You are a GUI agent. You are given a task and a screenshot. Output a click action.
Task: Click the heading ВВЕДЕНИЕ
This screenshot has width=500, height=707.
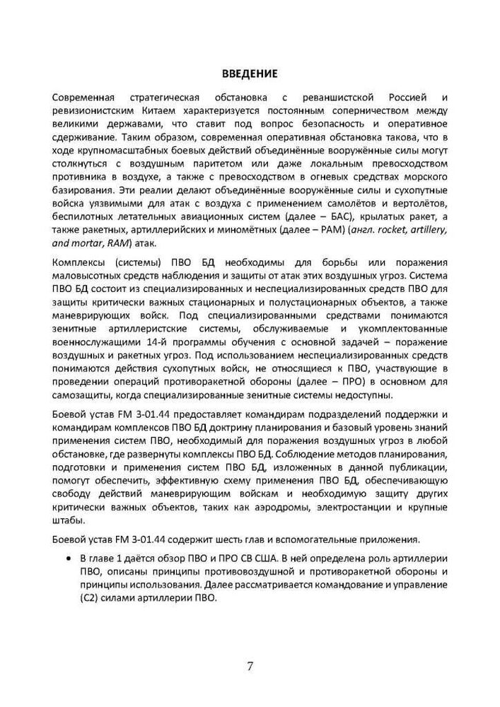click(250, 73)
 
